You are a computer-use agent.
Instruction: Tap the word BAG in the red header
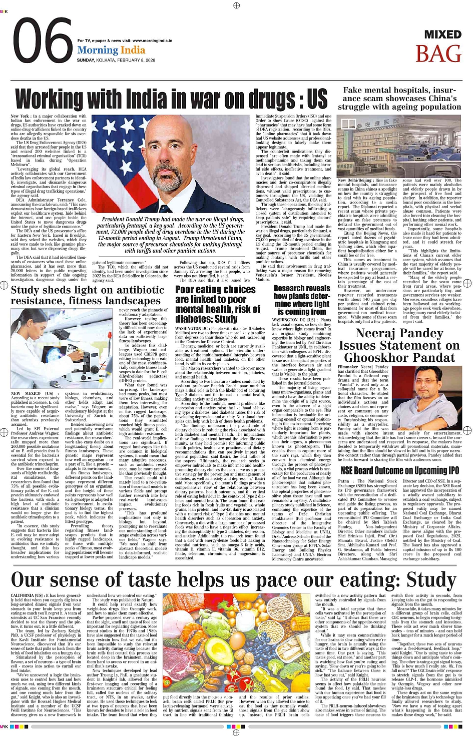click(438, 54)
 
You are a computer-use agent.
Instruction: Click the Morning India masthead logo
click(111, 51)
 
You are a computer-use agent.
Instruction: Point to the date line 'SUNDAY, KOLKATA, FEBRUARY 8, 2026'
click(116, 60)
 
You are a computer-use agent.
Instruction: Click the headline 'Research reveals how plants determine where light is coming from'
click(301, 300)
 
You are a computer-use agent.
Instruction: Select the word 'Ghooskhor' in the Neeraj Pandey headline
click(373, 357)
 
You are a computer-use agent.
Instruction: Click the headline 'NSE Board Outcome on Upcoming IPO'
click(399, 470)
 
